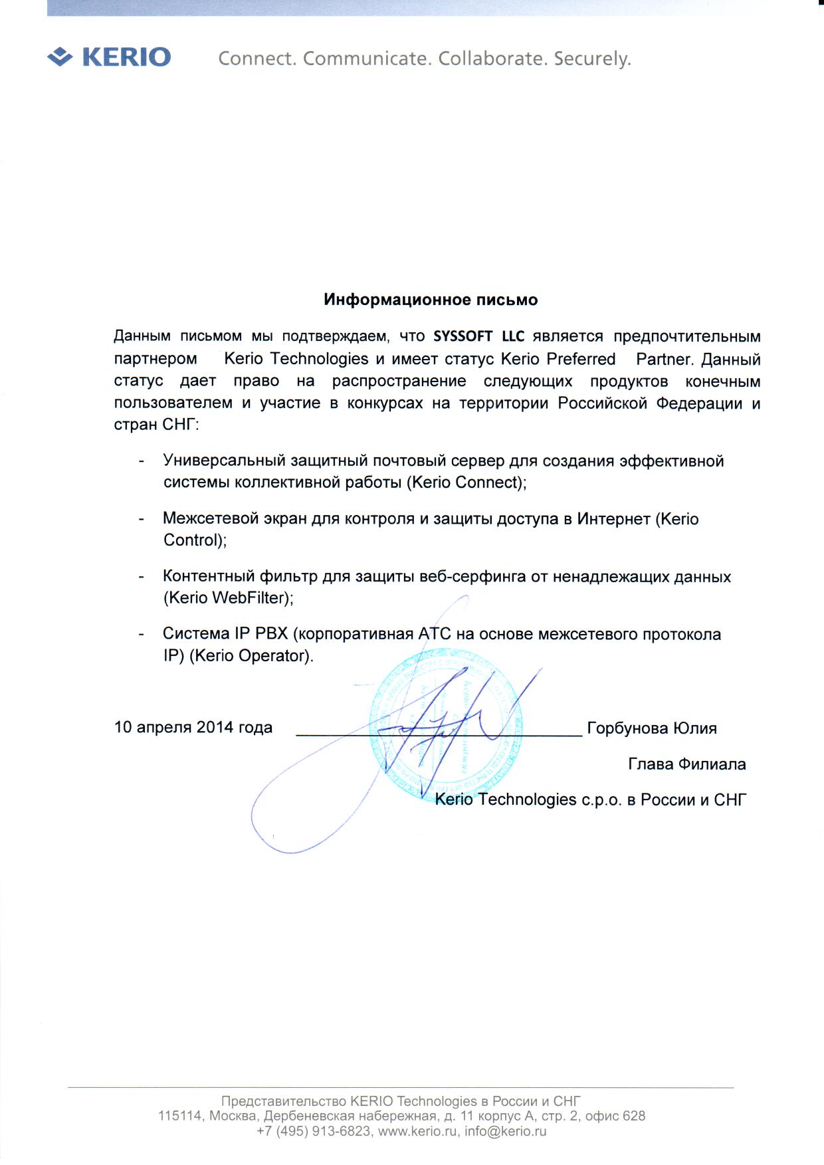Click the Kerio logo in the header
point(110,57)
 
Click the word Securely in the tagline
point(592,59)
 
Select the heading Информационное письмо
point(431,300)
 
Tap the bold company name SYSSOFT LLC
point(478,336)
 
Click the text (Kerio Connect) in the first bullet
point(465,482)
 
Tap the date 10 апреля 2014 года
point(193,727)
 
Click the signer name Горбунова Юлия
point(652,728)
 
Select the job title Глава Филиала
point(686,764)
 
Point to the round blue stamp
point(445,726)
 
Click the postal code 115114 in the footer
point(179,1116)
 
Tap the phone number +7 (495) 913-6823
point(314,1131)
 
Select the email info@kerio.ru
point(506,1131)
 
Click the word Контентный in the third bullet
point(207,576)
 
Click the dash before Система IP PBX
point(141,634)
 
